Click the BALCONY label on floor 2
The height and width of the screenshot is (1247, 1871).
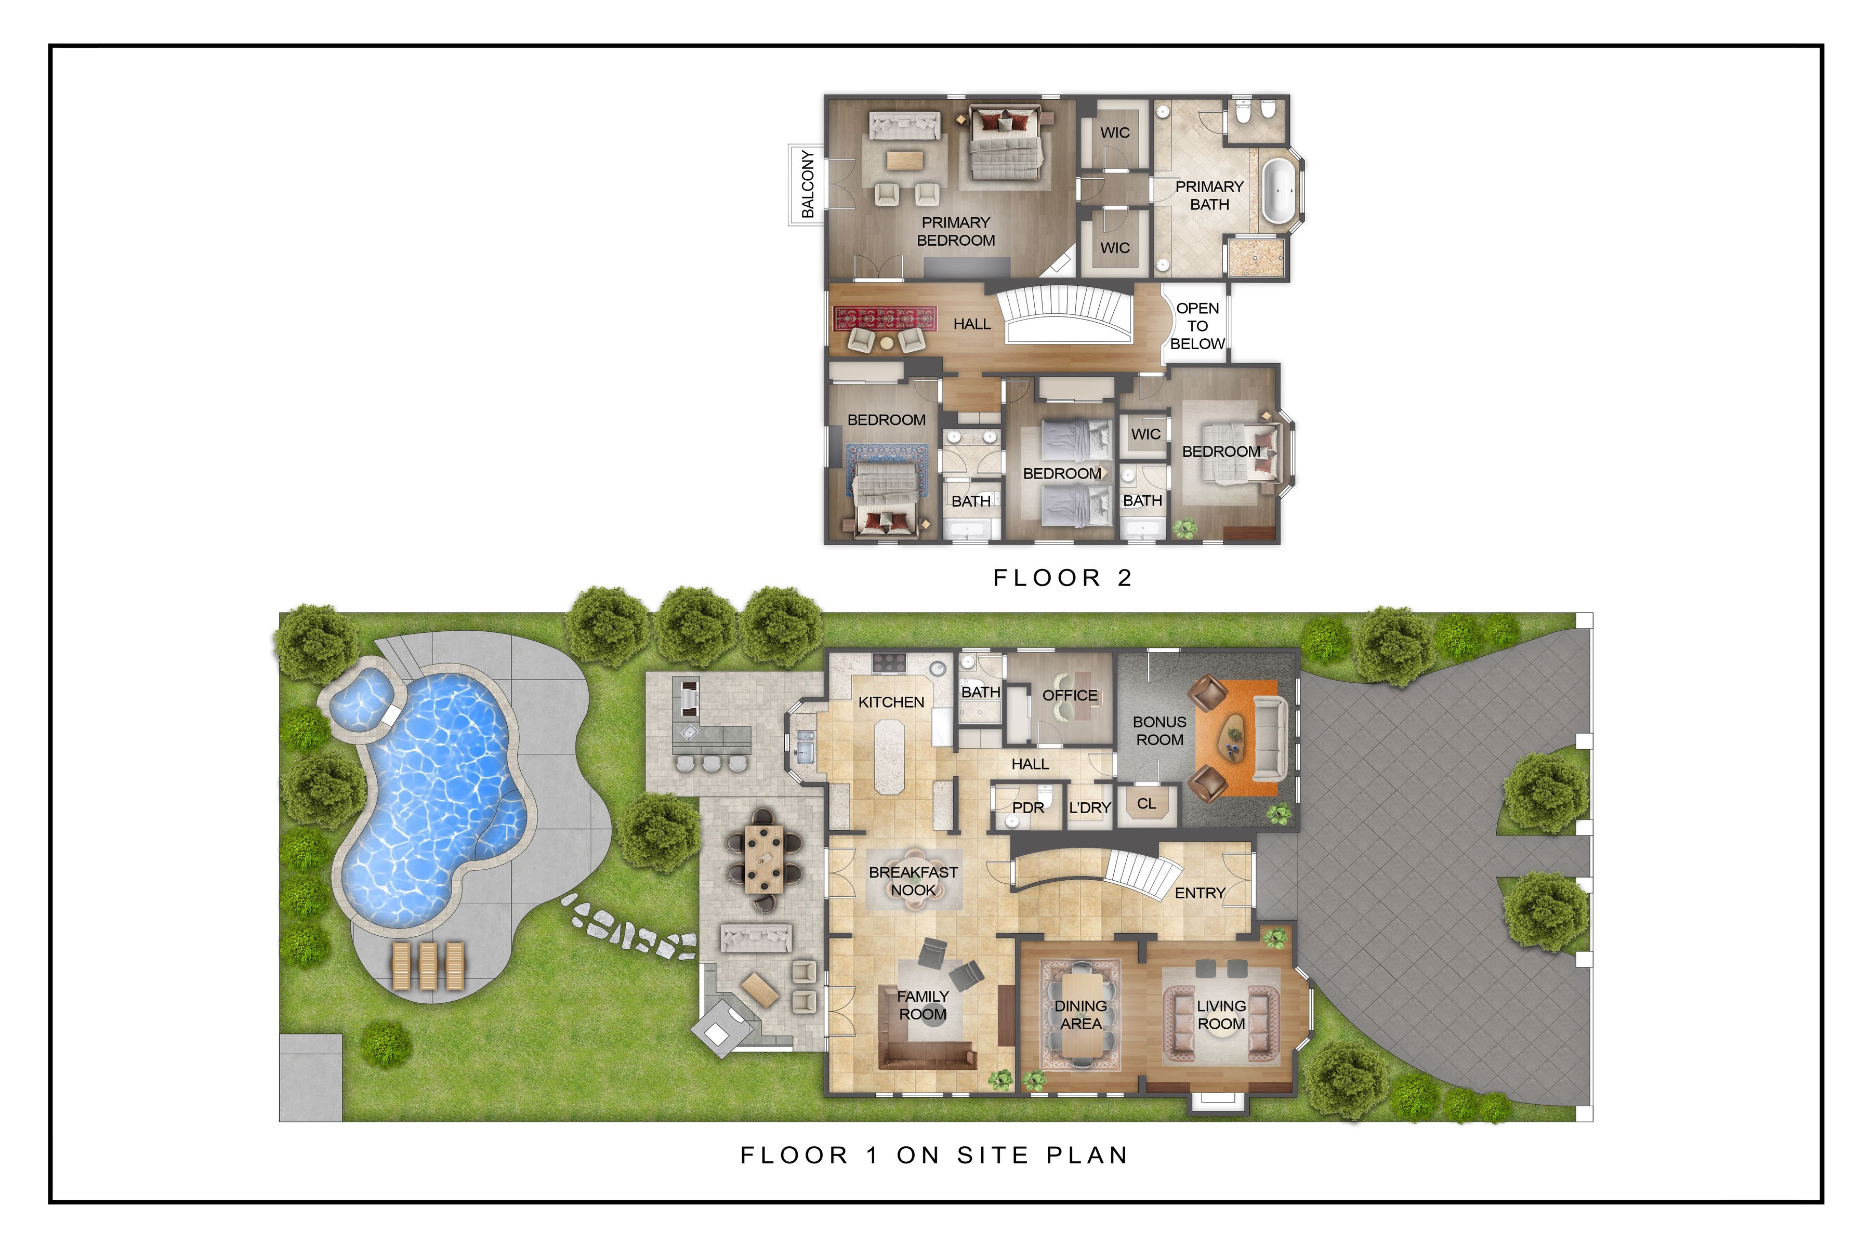pos(808,184)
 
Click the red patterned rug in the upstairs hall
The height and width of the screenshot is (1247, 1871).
pos(885,319)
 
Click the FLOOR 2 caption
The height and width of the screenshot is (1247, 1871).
pos(1062,578)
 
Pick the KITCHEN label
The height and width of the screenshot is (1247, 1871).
pos(891,702)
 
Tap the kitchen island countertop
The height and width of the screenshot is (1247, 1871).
pos(894,757)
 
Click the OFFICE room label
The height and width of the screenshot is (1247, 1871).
pos(1070,696)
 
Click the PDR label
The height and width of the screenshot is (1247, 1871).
pos(1028,808)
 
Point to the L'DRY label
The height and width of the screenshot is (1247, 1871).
pos(1090,808)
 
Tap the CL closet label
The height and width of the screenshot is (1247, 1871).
pos(1147,804)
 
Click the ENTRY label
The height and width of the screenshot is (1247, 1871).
pos(1200,893)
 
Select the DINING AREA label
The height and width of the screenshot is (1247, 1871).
pos(1081,1015)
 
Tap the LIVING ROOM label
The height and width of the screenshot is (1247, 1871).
pos(1221,1015)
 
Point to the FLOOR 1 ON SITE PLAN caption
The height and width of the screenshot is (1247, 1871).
pos(934,1156)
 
